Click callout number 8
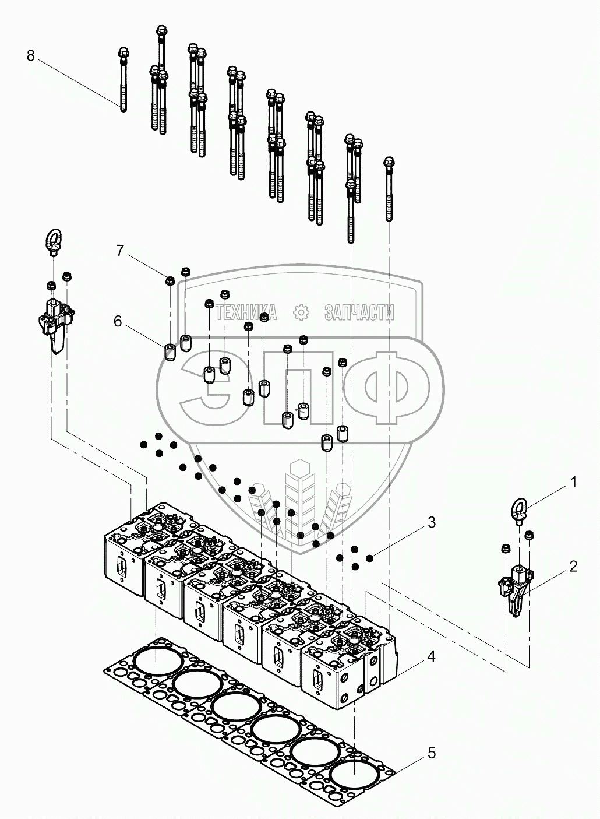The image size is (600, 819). [x=31, y=56]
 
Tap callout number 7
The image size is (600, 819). [x=120, y=251]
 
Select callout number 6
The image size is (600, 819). [x=118, y=321]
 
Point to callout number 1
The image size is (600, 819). [x=573, y=482]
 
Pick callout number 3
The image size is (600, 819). [x=431, y=522]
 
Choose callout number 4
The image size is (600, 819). [x=431, y=656]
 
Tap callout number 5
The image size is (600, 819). [x=431, y=753]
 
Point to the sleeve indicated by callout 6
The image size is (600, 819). [x=170, y=353]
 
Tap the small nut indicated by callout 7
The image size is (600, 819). [x=170, y=280]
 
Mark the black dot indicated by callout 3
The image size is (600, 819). [x=369, y=559]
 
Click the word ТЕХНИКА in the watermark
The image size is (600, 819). [x=246, y=313]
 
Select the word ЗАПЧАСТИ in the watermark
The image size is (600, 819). [x=359, y=313]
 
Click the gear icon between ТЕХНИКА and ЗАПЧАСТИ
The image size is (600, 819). [x=301, y=313]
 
